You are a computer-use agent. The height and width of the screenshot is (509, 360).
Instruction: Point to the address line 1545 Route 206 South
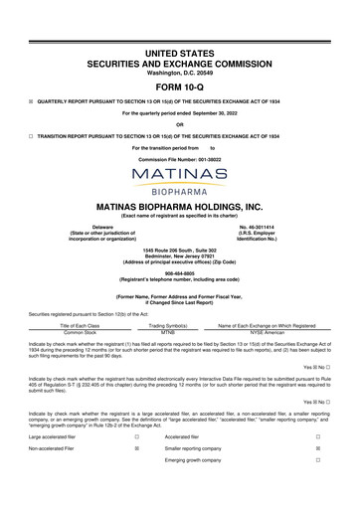180,249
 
